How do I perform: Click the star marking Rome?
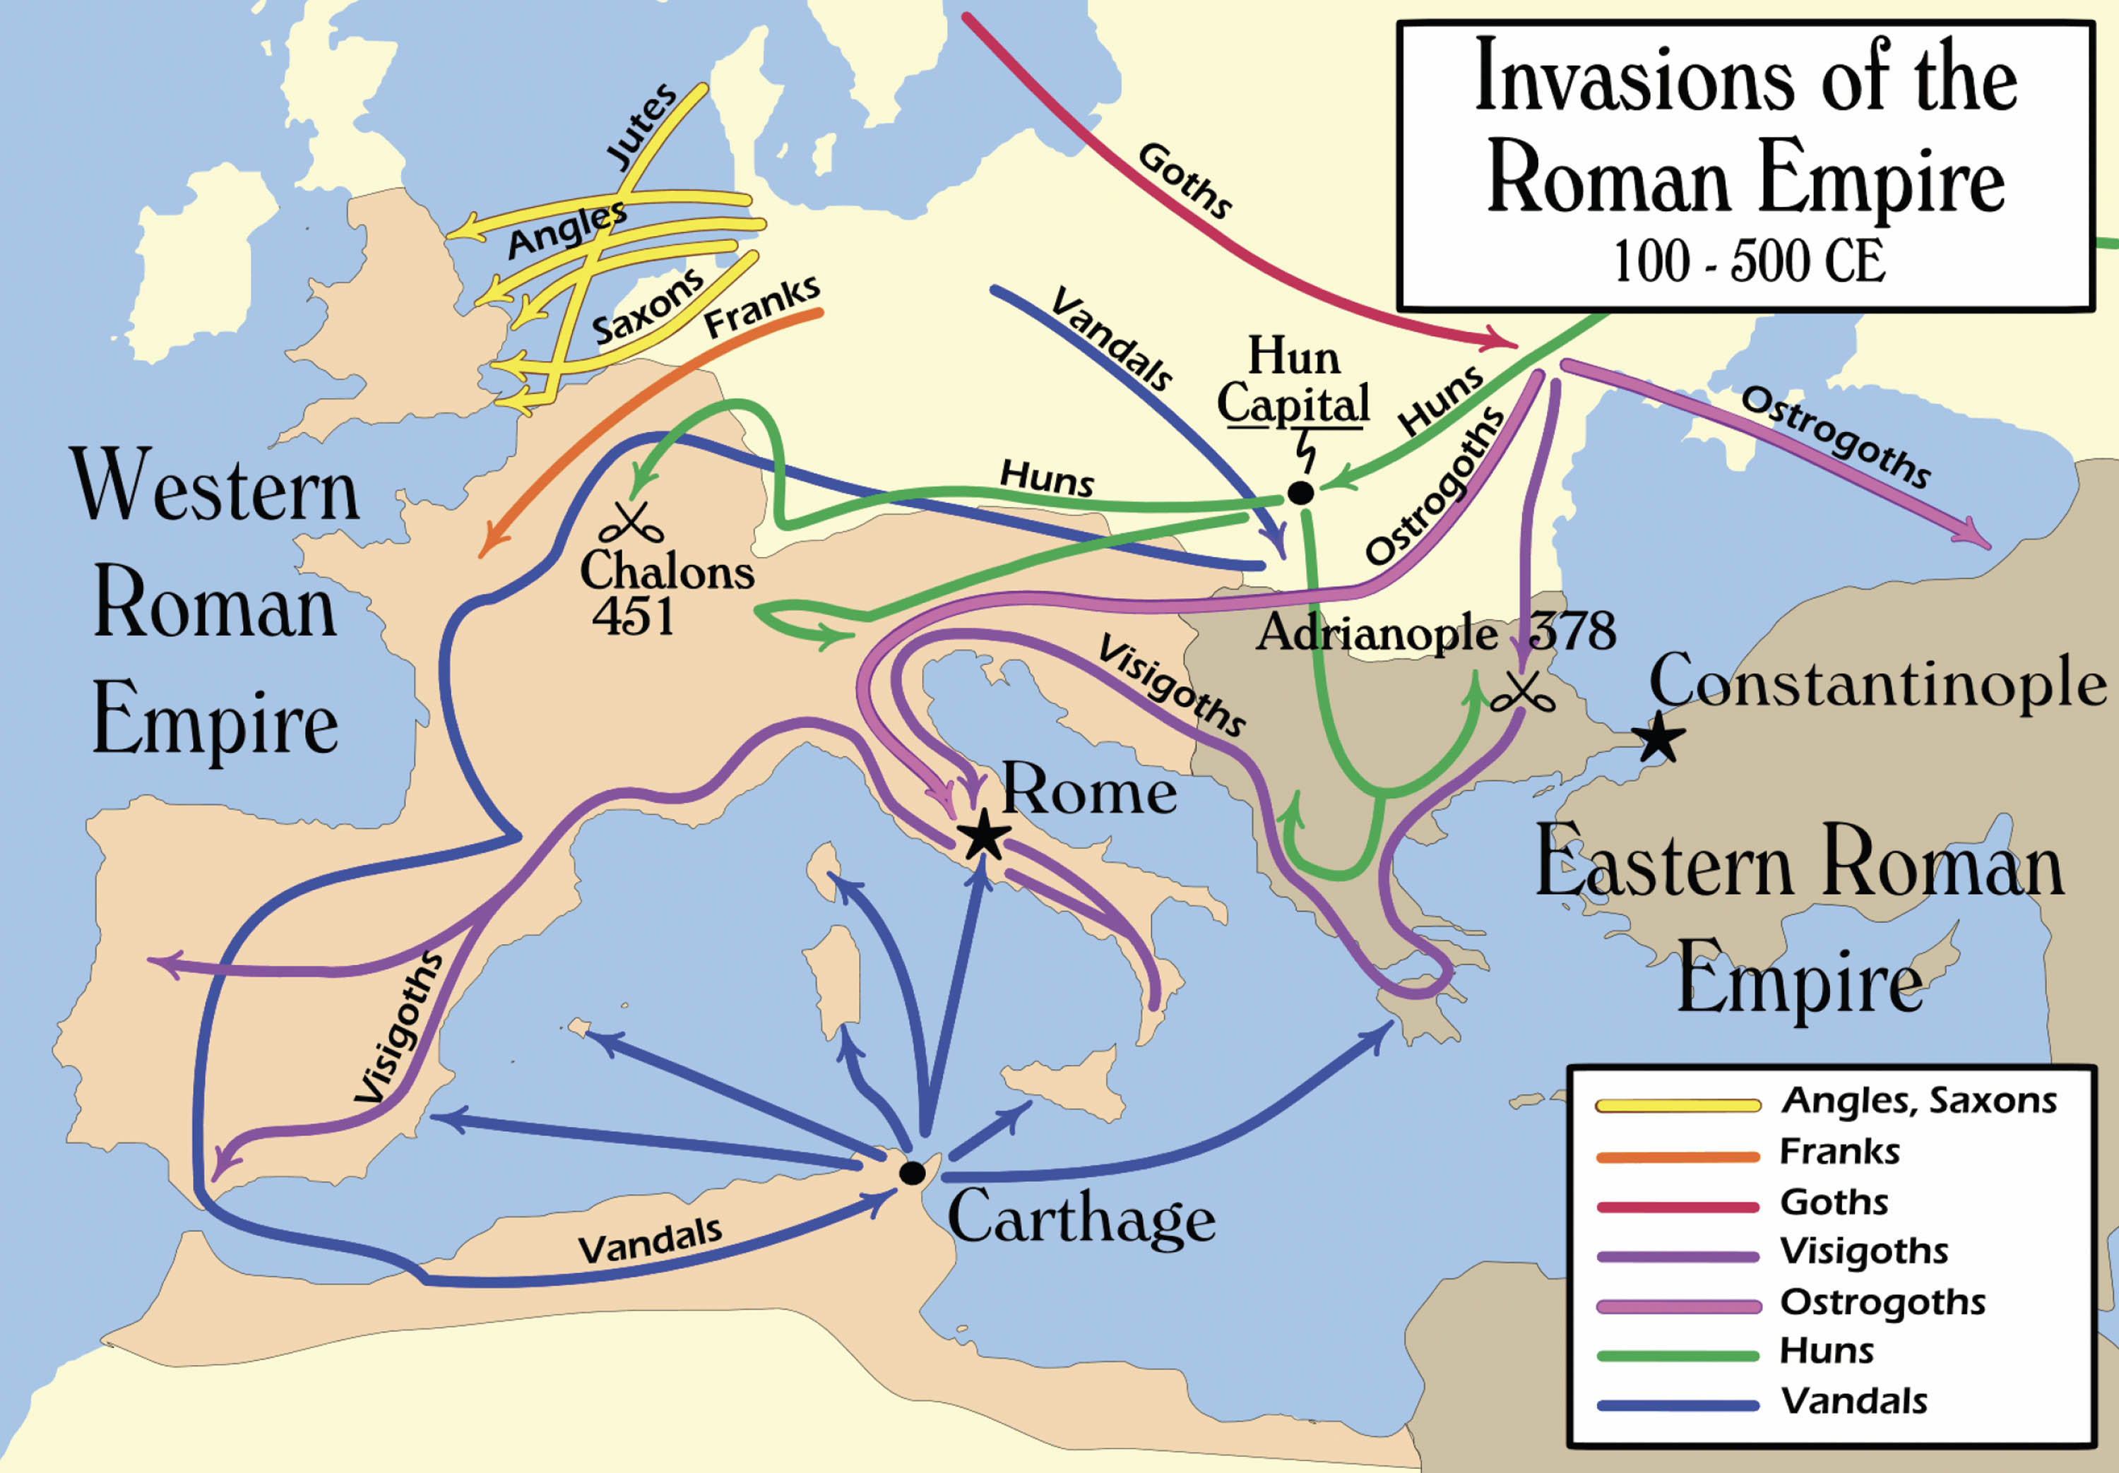point(983,835)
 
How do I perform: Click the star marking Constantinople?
point(1658,736)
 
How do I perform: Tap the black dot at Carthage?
point(912,1173)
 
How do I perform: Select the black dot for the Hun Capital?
point(1300,493)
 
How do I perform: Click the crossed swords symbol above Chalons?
point(631,524)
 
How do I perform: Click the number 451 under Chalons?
point(633,616)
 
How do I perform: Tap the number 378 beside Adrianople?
point(1572,631)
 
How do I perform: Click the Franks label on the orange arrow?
point(761,307)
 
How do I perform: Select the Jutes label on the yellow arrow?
point(641,126)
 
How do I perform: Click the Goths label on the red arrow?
point(1184,181)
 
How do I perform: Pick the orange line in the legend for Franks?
point(1677,1157)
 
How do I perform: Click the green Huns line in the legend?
point(1677,1356)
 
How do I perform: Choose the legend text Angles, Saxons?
point(1918,1101)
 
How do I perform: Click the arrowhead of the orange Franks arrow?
point(487,549)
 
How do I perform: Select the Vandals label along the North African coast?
point(650,1241)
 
